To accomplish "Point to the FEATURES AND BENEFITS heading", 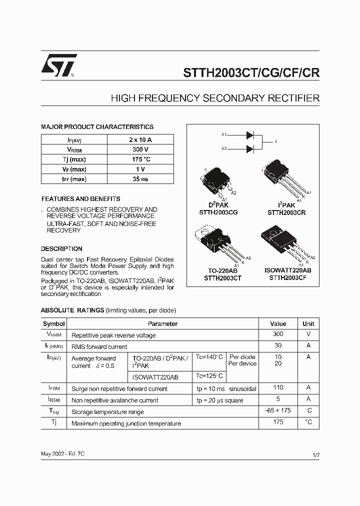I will pyautogui.click(x=80, y=198).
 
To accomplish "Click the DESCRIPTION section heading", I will pyautogui.click(x=61, y=248).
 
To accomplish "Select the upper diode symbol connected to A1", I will pyautogui.click(x=250, y=135).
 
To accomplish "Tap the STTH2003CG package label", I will pyautogui.click(x=218, y=212).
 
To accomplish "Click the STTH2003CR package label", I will pyautogui.click(x=286, y=212).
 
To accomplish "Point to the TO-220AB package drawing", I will pyautogui.click(x=215, y=245).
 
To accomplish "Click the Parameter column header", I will pyautogui.click(x=162, y=323).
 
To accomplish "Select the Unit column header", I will pyautogui.click(x=308, y=323).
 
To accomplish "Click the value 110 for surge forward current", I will pyautogui.click(x=278, y=387).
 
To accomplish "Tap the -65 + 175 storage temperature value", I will pyautogui.click(x=278, y=411).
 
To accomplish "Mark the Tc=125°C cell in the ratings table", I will pyautogui.click(x=209, y=376).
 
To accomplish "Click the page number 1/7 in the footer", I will pyautogui.click(x=315, y=456).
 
